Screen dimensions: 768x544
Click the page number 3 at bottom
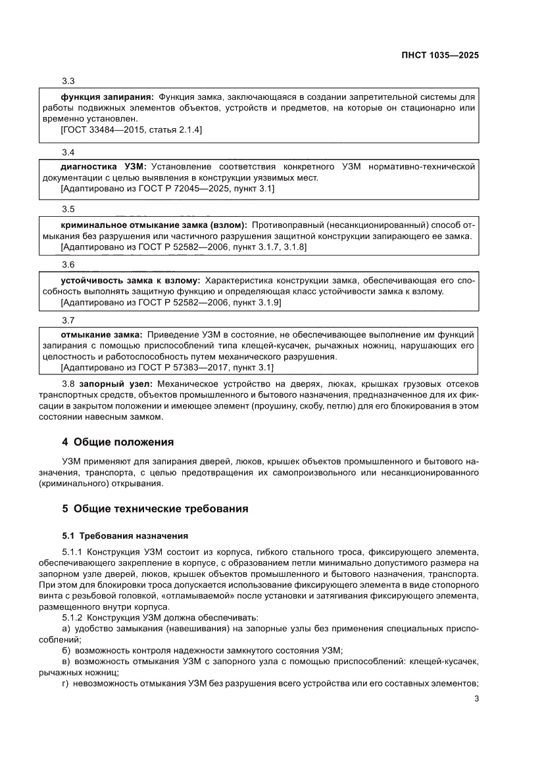click(475, 699)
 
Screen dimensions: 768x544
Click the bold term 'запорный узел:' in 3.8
click(116, 383)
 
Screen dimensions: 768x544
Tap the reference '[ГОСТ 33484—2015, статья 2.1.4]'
click(131, 130)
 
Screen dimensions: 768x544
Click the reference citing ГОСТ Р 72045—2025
click(167, 189)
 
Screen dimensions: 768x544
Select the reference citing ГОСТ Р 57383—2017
click(166, 368)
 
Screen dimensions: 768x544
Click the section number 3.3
click(68, 81)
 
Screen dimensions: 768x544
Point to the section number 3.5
click(68, 209)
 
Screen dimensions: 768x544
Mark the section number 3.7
click(68, 320)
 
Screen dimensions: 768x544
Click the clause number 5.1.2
click(72, 618)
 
